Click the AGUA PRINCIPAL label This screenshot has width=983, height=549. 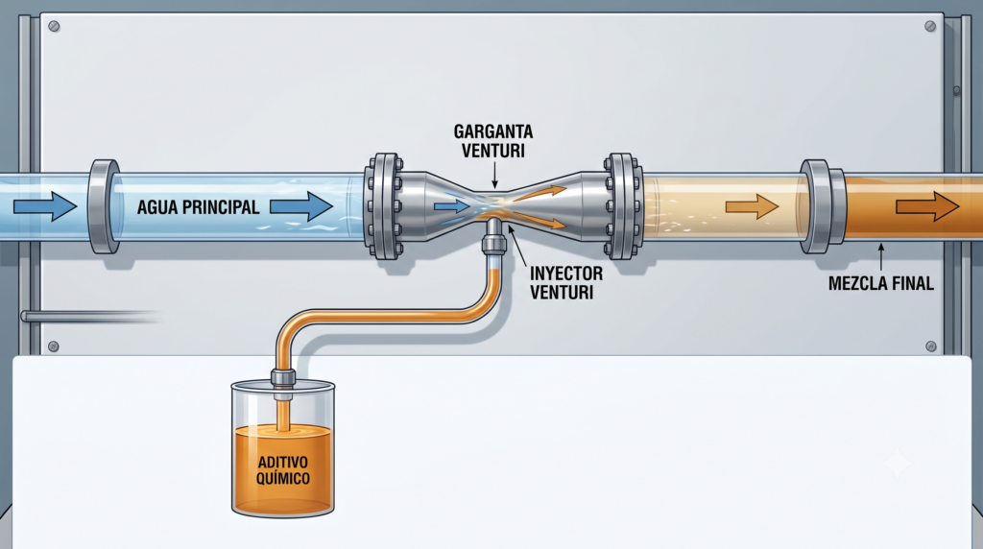[x=198, y=206]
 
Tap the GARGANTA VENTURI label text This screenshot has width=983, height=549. [x=493, y=141]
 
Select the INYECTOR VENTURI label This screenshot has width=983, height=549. [x=566, y=282]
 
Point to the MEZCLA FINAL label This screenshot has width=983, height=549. [x=881, y=283]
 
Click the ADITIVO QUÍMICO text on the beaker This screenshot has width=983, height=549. [x=283, y=470]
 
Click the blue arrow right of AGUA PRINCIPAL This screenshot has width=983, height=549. [x=300, y=206]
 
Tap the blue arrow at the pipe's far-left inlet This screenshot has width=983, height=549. [x=45, y=206]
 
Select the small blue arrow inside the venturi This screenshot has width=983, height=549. [x=451, y=206]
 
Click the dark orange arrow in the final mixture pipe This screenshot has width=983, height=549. [x=927, y=206]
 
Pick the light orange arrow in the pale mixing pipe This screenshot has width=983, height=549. [x=752, y=206]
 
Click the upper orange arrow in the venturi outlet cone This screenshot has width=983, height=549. [x=540, y=192]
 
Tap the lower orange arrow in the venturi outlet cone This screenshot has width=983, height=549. [x=539, y=220]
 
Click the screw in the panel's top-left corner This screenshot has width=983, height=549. [x=54, y=26]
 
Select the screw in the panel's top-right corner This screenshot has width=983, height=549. [x=930, y=26]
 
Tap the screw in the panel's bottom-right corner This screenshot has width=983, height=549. [x=931, y=346]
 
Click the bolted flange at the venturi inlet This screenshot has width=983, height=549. [x=383, y=206]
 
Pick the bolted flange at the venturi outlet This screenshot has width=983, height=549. [x=623, y=206]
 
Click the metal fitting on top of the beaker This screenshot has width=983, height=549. [x=283, y=378]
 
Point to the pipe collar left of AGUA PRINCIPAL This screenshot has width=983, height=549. [x=104, y=206]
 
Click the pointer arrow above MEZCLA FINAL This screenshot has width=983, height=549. [x=881, y=257]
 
